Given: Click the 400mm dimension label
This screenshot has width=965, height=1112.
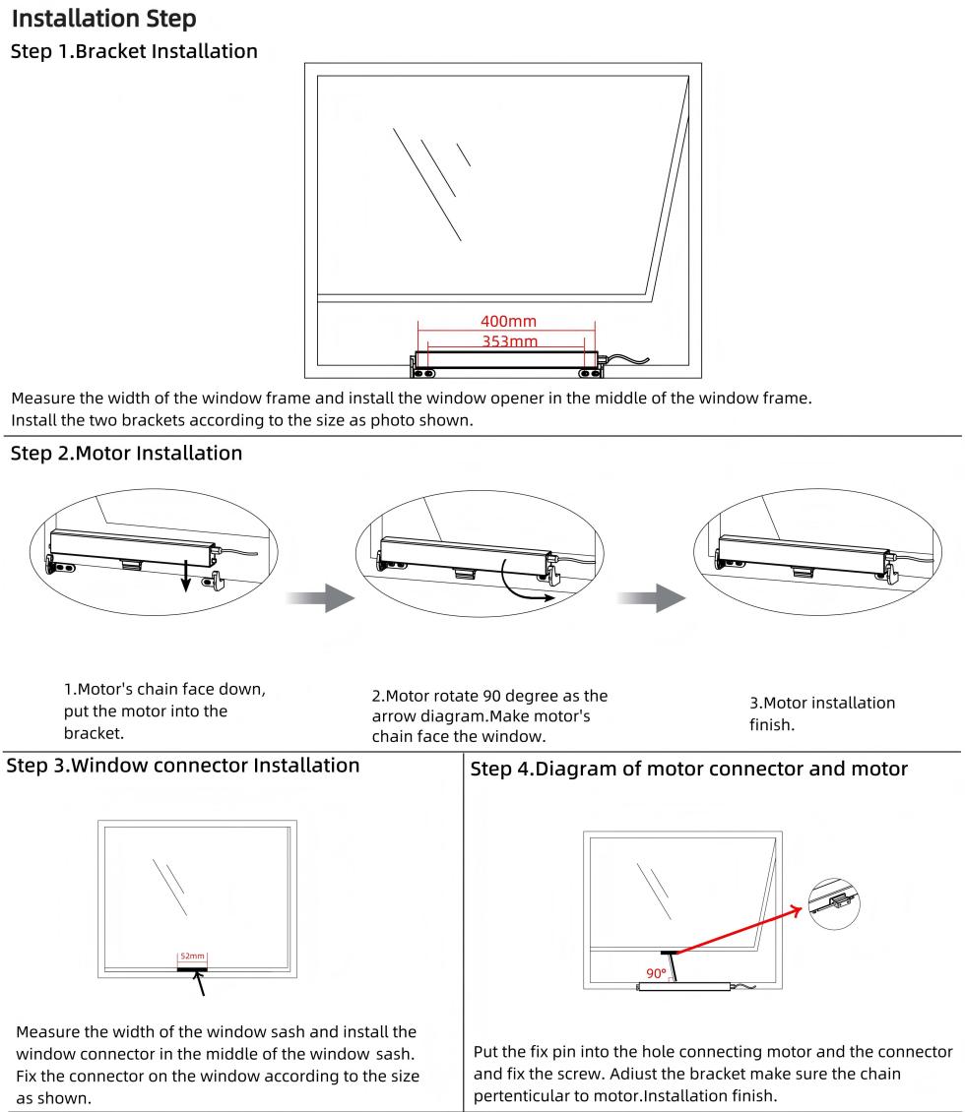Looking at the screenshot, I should [508, 322].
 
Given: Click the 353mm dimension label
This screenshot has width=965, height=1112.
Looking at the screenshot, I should [508, 340].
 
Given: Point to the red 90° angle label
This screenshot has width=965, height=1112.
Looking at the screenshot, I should [655, 974].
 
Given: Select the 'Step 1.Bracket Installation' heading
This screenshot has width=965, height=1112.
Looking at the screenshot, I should [134, 50].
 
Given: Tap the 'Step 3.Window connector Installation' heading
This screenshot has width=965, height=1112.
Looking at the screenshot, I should [183, 765].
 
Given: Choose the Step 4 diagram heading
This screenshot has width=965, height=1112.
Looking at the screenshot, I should [690, 769].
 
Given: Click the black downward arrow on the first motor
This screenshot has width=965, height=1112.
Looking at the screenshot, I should [184, 587].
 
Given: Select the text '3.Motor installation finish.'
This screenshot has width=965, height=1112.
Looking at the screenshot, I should [822, 712].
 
